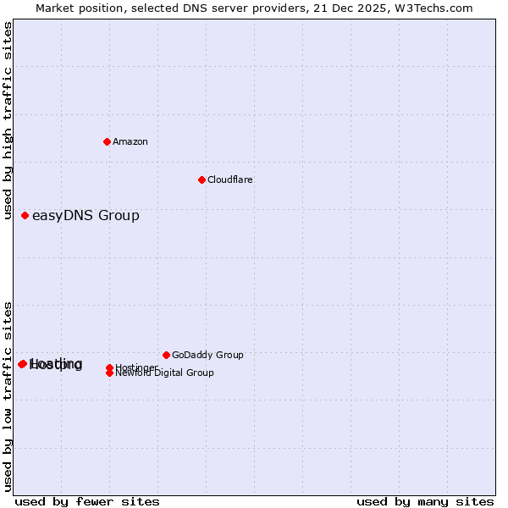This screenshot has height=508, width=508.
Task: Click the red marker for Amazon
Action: point(107,141)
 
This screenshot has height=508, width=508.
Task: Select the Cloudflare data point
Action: point(202,179)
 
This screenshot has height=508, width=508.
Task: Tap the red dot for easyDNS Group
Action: point(25,215)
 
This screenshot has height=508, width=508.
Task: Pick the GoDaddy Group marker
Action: point(166,355)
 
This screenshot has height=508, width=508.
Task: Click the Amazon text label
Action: point(130,141)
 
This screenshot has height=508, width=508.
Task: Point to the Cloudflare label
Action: point(229,179)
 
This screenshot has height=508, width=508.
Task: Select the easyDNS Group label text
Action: point(86,215)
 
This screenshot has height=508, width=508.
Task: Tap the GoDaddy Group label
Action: point(207,355)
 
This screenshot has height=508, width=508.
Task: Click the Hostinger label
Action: point(136,367)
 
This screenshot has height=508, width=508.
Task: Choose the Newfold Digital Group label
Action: point(164,373)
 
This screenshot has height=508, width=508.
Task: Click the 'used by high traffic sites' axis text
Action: point(8,120)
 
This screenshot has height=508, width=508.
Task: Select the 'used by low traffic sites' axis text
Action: point(8,395)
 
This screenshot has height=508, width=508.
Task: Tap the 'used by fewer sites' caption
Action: point(87,501)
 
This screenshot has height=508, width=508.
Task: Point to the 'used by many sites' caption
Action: point(425,501)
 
